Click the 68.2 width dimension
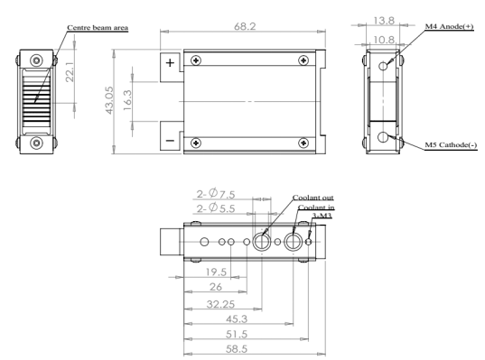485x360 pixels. tap(245, 26)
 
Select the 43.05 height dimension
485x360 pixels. tap(109, 100)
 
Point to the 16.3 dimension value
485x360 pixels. tap(127, 100)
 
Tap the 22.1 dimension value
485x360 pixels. tap(70, 71)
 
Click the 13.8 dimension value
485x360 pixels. tap(384, 21)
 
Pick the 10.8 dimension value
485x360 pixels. tap(384, 40)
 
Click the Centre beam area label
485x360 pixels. tap(98, 27)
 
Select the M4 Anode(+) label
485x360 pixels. tap(449, 26)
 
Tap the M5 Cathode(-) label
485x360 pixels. tap(451, 144)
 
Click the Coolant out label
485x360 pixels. tap(313, 198)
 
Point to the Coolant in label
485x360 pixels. tap(316, 208)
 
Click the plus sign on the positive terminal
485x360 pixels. tap(170, 63)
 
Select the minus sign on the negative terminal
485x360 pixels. tap(170, 141)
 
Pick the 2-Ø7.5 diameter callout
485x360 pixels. tap(216, 194)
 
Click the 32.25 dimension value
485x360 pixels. tap(220, 304)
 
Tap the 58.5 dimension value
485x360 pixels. tap(237, 349)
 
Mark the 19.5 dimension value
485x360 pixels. tap(216, 272)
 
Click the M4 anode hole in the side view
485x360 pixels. tap(383, 66)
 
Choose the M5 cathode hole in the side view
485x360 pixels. tap(383, 136)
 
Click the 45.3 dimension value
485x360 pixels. tap(237, 318)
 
